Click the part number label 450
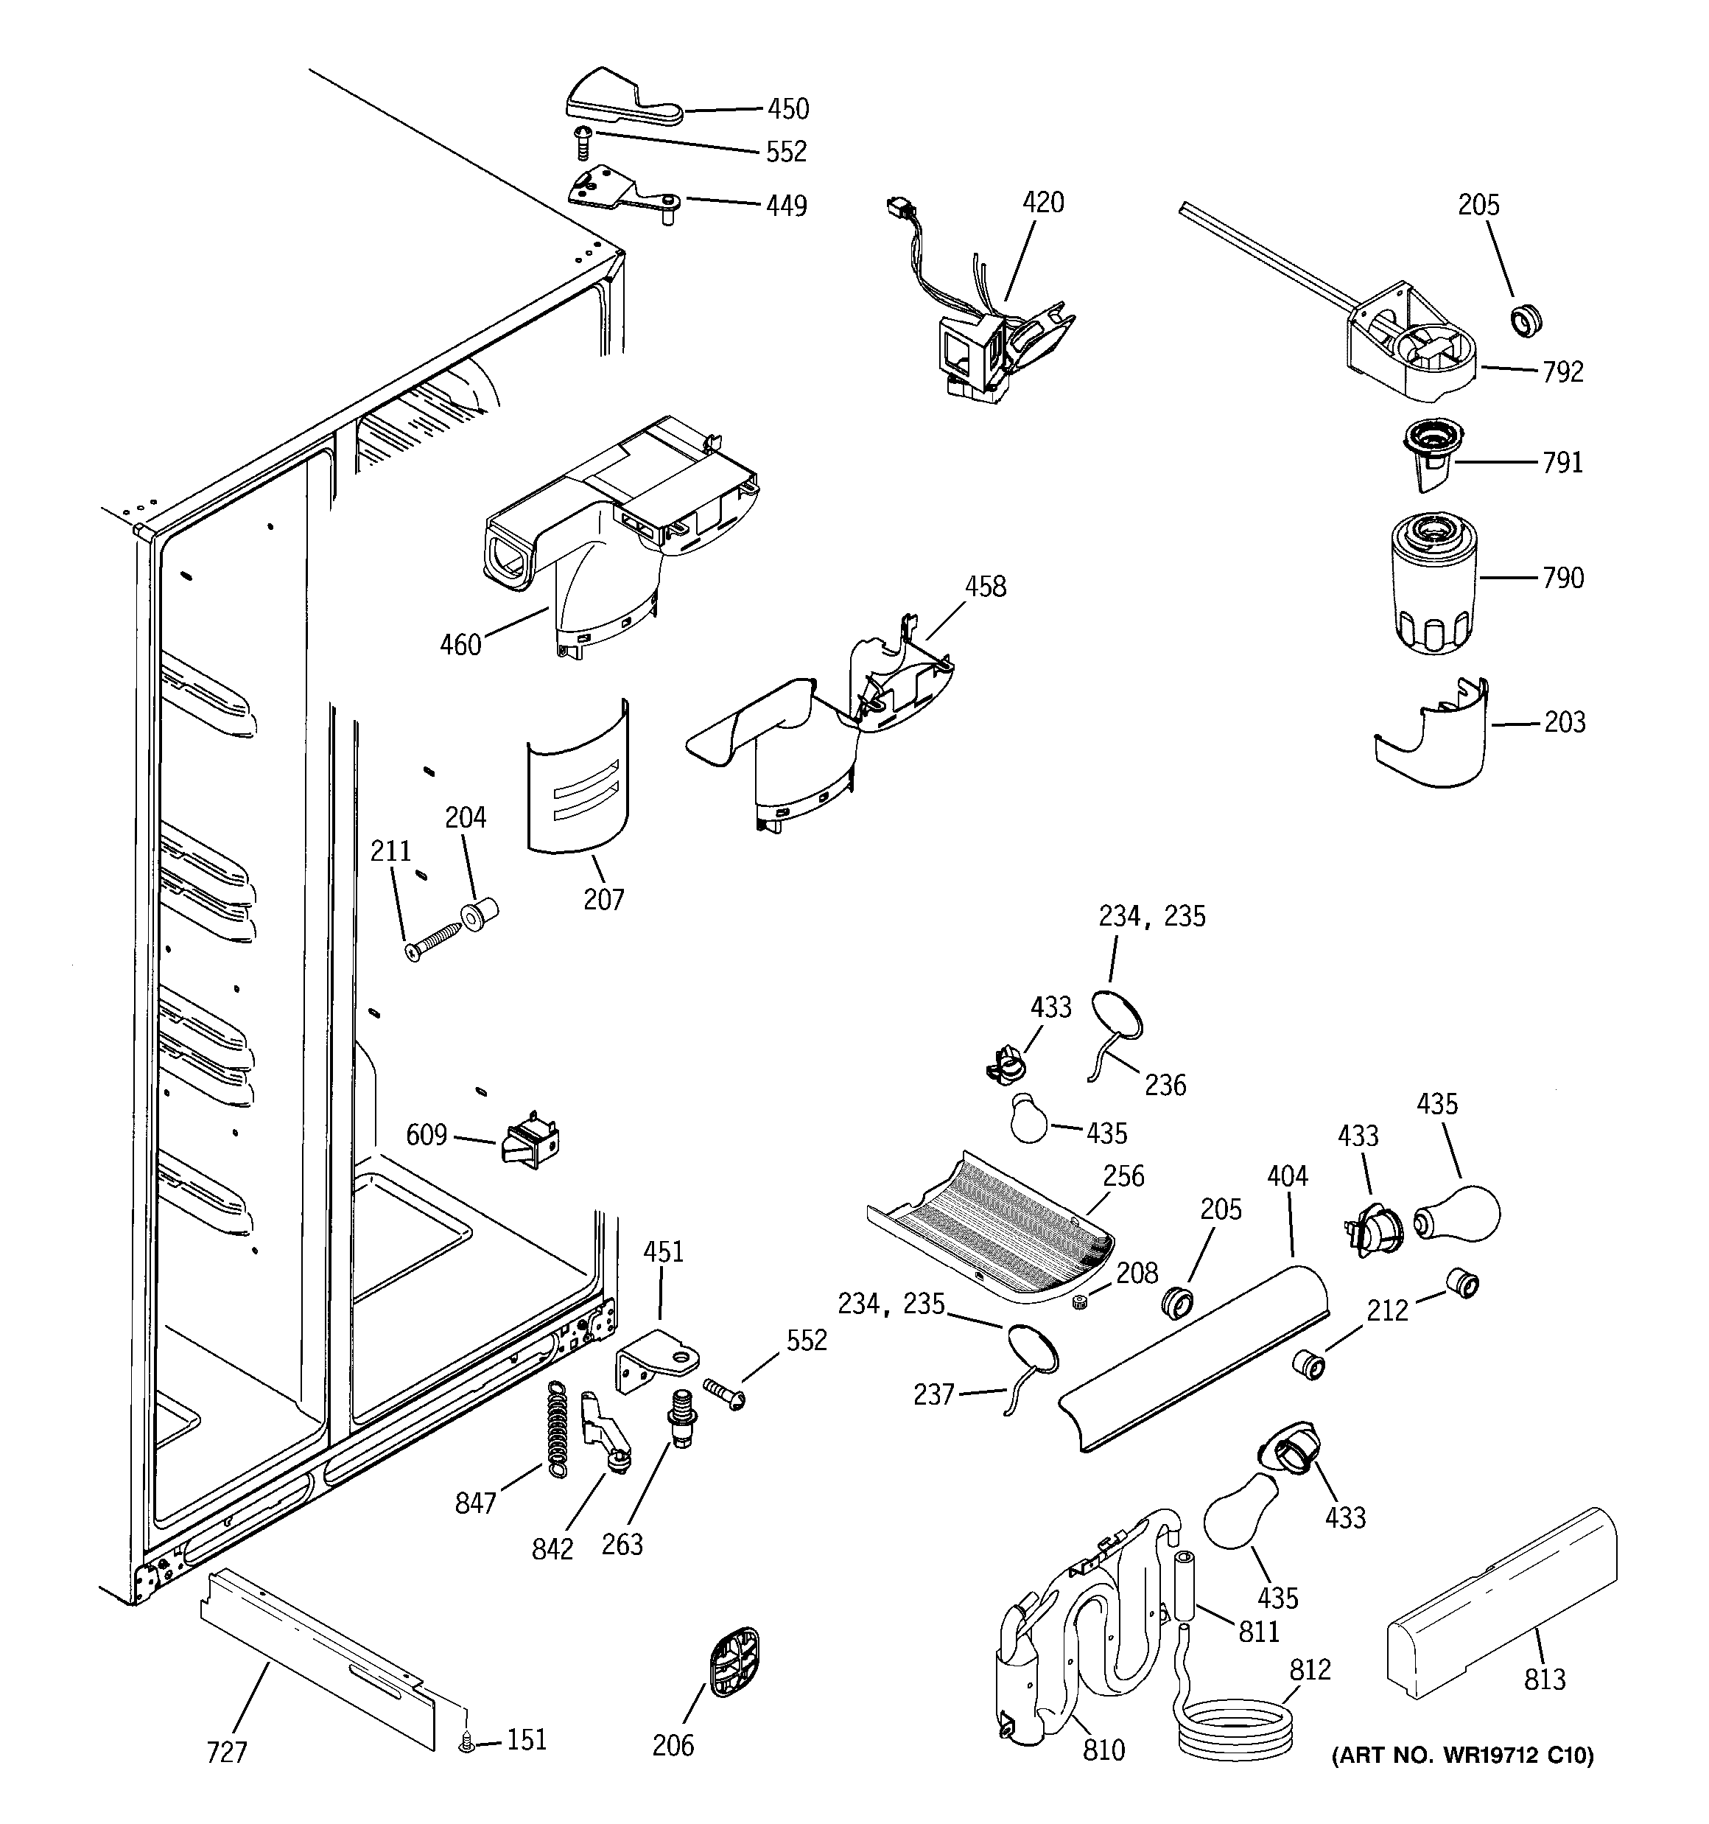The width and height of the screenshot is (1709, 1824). (x=788, y=109)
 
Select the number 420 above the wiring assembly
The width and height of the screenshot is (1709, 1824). (x=1043, y=202)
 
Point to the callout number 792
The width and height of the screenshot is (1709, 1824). (x=1563, y=372)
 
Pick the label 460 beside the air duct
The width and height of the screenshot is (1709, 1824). (x=460, y=645)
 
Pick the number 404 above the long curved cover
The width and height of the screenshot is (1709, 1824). (x=1287, y=1176)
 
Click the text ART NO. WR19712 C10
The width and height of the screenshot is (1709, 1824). (x=1462, y=1755)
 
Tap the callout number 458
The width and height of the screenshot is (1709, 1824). (x=985, y=587)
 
